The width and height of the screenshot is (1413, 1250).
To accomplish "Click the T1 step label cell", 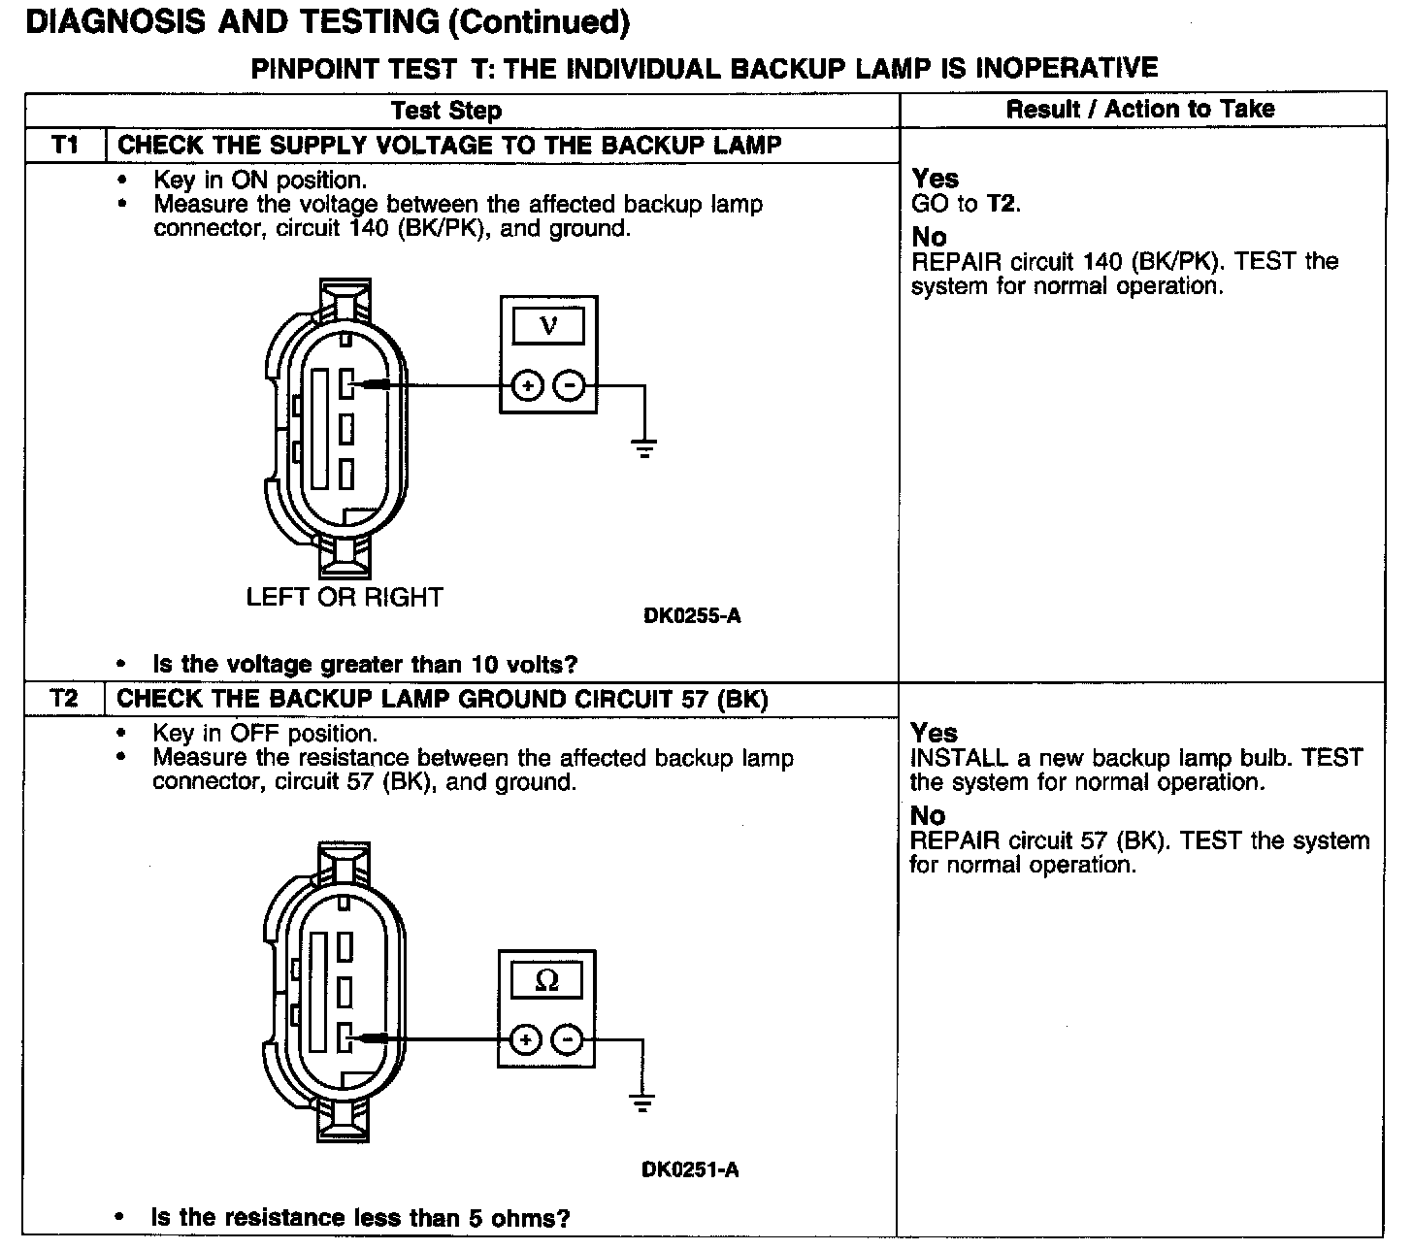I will (x=64, y=146).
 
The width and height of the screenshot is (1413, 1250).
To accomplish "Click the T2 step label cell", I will (x=64, y=700).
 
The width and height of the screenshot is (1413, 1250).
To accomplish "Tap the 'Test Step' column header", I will (x=446, y=110).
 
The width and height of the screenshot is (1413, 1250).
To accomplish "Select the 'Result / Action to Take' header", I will (x=1140, y=109).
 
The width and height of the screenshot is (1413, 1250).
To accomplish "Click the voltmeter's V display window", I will (x=548, y=326).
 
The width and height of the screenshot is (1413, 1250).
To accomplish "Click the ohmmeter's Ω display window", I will (x=546, y=981).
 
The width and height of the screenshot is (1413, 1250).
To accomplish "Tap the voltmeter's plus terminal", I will (x=528, y=386).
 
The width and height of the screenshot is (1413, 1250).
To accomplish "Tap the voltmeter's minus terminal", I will (x=569, y=386).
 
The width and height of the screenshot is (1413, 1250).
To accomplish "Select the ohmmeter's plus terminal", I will (x=525, y=1040).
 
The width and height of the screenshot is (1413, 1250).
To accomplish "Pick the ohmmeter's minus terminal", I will (x=567, y=1040).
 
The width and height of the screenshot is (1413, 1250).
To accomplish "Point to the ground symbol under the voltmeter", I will (x=644, y=447).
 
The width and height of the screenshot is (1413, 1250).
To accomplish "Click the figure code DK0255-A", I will (x=692, y=615).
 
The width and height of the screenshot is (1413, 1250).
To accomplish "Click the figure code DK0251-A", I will (x=690, y=1169).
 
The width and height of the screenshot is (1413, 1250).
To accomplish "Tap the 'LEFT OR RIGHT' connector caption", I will (x=345, y=597).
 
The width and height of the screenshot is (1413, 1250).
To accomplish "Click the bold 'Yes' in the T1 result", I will (x=936, y=179).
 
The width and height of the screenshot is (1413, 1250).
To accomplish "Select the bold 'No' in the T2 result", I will (x=928, y=815).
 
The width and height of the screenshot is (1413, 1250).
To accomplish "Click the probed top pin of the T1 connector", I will (x=346, y=385).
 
